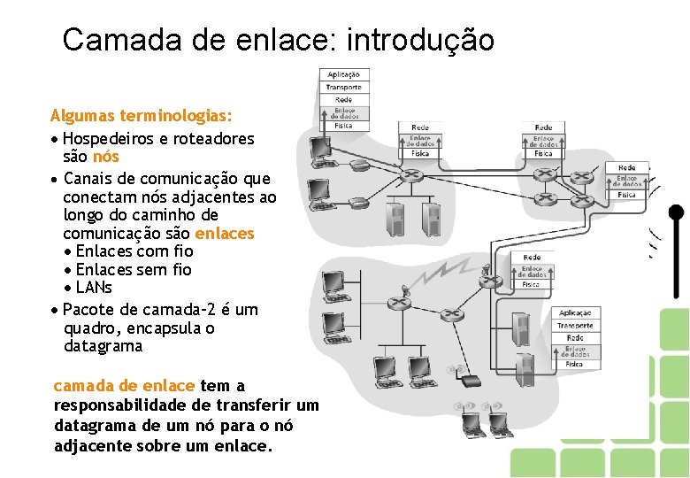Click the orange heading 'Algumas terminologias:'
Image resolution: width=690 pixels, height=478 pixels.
(x=142, y=116)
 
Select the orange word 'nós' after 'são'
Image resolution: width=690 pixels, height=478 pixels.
(x=105, y=157)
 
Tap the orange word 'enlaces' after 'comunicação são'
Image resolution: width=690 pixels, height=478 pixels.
(x=224, y=234)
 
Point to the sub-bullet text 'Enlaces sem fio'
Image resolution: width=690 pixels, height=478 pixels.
(x=134, y=270)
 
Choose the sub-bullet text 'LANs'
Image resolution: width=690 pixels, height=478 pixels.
(x=94, y=288)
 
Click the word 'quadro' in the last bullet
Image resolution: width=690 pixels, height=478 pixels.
(x=90, y=328)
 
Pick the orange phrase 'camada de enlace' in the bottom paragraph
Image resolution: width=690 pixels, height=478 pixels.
(x=124, y=386)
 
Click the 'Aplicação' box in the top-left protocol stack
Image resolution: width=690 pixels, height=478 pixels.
(x=343, y=75)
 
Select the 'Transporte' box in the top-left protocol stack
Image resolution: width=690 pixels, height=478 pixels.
(x=343, y=87)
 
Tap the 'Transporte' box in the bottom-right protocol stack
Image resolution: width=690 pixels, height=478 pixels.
(x=575, y=326)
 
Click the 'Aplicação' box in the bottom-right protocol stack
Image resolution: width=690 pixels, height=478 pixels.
(x=575, y=313)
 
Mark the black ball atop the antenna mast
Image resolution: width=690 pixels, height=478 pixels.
(x=676, y=213)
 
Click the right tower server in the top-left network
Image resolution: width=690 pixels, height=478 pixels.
(x=431, y=216)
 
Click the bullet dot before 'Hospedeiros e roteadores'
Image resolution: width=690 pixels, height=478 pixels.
(x=56, y=140)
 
